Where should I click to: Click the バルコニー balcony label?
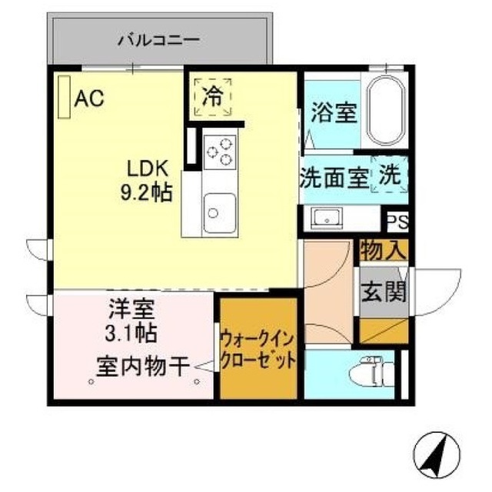(160, 38)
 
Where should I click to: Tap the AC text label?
(89, 99)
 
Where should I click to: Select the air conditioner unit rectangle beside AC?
(63, 97)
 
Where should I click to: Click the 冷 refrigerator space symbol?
(213, 97)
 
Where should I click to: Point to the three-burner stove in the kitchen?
(219, 150)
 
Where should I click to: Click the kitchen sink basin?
(219, 210)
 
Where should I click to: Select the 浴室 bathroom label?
(334, 114)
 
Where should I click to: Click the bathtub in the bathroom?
(385, 111)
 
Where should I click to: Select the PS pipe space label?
(397, 222)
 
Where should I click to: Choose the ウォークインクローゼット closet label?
(258, 350)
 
